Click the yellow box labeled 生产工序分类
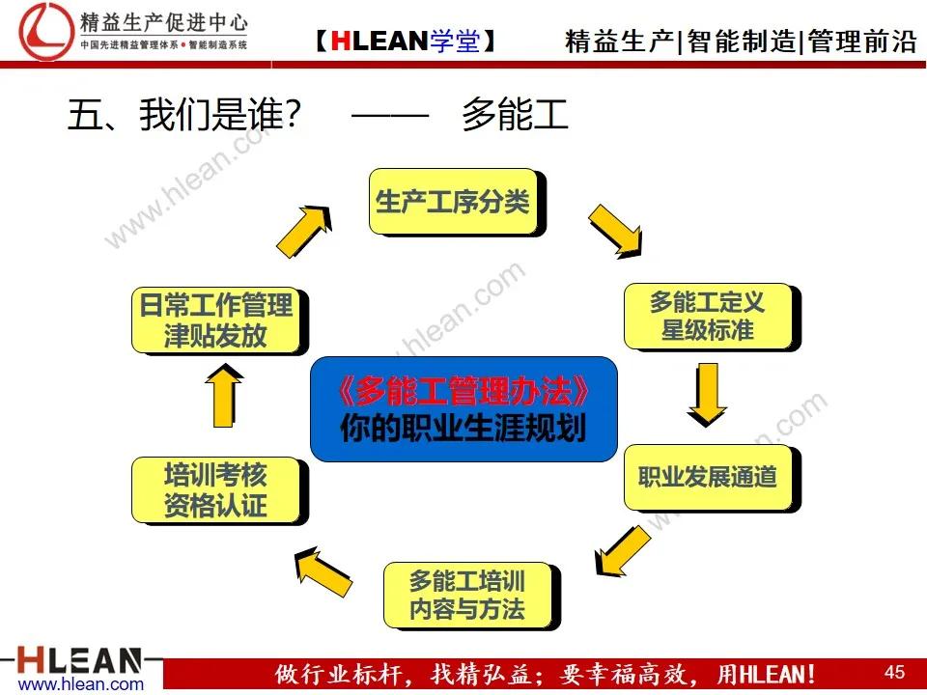[x=454, y=201]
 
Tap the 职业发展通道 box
[x=708, y=476]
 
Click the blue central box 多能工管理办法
[x=463, y=408]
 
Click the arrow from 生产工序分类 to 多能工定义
[x=614, y=233]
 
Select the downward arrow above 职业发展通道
[x=707, y=392]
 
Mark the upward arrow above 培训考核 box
[x=223, y=395]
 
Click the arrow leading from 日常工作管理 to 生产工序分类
[x=310, y=235]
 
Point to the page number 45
[x=894, y=671]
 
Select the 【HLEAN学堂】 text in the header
[x=405, y=41]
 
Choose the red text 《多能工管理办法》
[x=463, y=390]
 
